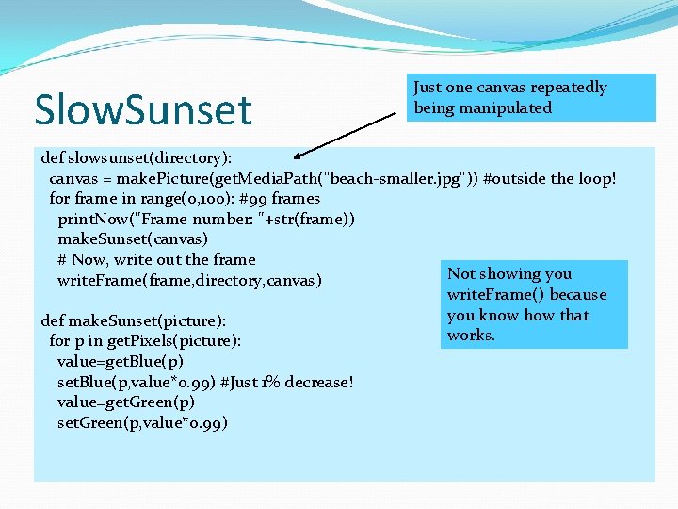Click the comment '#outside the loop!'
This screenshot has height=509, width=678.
[549, 178]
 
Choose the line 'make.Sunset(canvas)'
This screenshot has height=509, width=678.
[132, 239]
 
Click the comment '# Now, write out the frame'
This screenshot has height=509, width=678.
[155, 259]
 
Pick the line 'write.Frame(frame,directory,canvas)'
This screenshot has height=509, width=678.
[189, 280]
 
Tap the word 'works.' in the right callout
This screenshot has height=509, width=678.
[471, 336]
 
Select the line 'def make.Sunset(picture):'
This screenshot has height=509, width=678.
[133, 320]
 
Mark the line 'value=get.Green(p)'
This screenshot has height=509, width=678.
[125, 402]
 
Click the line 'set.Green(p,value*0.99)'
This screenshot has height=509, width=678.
[142, 422]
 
